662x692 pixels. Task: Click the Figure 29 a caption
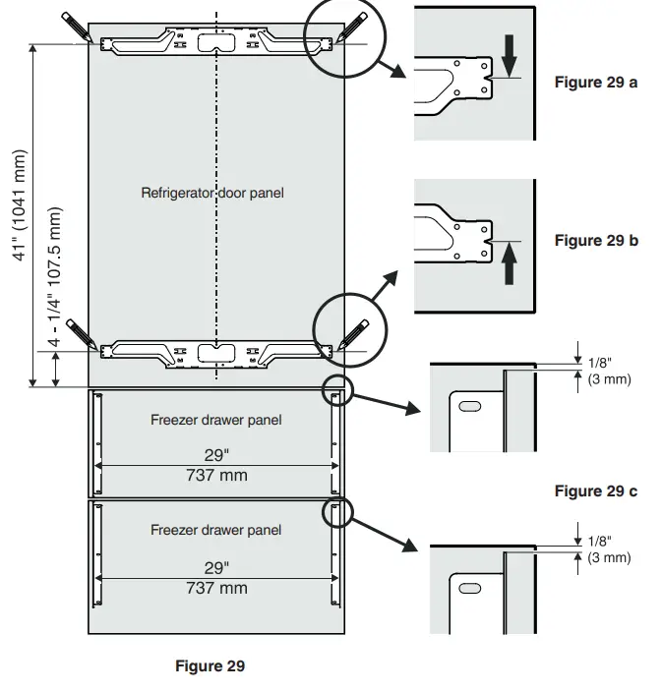coord(595,83)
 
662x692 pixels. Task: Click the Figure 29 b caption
coord(595,241)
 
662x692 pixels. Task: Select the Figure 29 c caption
coord(595,491)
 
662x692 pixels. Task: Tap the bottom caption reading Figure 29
coord(210,666)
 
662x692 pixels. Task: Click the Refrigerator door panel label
coord(212,193)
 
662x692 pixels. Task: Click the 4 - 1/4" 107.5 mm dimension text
coord(55,279)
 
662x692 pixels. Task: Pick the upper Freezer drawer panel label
coord(215,420)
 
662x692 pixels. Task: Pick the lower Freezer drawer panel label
coord(215,530)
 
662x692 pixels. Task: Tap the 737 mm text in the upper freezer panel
coord(216,476)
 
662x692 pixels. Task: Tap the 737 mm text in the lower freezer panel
coord(216,588)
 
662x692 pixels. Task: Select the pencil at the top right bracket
coord(352,27)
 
